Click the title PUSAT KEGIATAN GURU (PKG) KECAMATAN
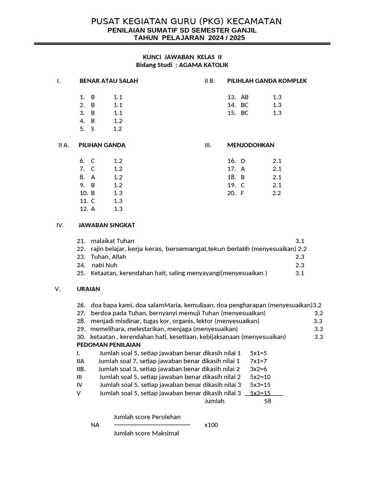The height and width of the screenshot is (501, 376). pyautogui.click(x=186, y=21)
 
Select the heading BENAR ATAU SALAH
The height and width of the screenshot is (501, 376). pyautogui.click(x=109, y=81)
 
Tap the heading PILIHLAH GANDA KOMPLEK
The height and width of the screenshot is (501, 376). pyautogui.click(x=267, y=81)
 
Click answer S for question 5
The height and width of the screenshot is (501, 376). pyautogui.click(x=93, y=129)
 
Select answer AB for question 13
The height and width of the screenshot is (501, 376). pyautogui.click(x=245, y=97)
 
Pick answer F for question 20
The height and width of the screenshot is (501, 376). pyautogui.click(x=242, y=193)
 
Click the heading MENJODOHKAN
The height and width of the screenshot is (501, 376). pyautogui.click(x=251, y=145)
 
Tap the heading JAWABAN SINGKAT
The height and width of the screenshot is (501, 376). pyautogui.click(x=106, y=225)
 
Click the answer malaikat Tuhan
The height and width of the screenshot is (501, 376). pyautogui.click(x=113, y=241)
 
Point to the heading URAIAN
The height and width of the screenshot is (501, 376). pyautogui.click(x=88, y=289)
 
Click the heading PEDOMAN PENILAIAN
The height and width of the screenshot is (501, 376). pyautogui.click(x=108, y=345)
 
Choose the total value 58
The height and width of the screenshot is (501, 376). pyautogui.click(x=267, y=401)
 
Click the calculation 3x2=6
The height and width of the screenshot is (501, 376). pyautogui.click(x=258, y=369)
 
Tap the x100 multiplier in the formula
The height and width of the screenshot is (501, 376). pyautogui.click(x=211, y=425)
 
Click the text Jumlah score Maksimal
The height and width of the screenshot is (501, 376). pyautogui.click(x=146, y=433)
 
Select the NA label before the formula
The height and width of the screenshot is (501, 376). pyautogui.click(x=95, y=425)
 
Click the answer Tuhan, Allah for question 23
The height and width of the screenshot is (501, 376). pyautogui.click(x=108, y=257)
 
